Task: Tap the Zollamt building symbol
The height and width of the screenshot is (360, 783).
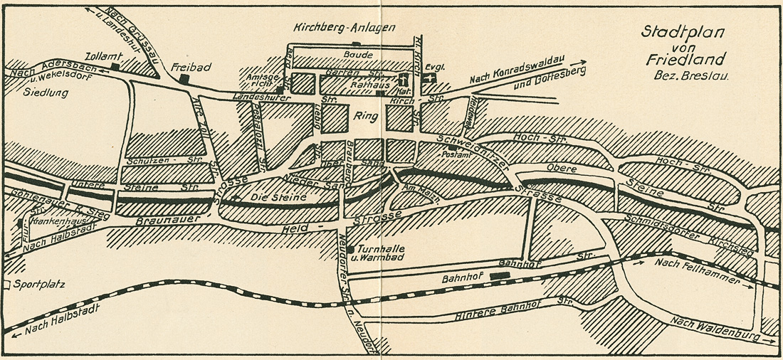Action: point(115,66)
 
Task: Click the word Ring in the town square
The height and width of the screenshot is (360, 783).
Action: point(362,115)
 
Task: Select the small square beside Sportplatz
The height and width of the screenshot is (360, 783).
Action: point(6,285)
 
